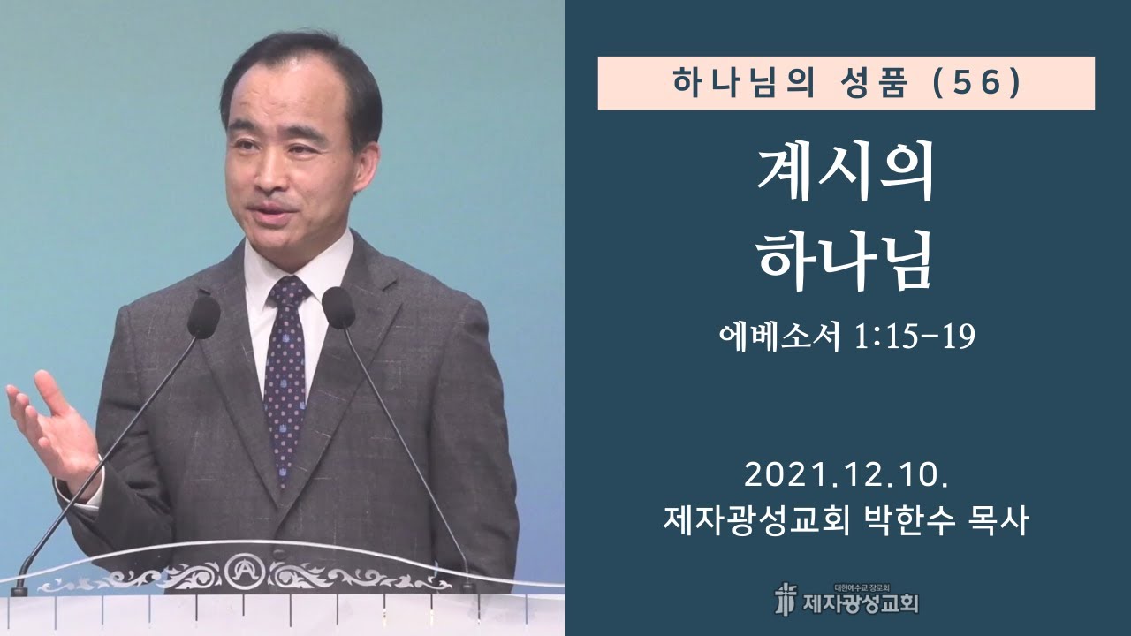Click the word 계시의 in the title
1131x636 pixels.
[x=846, y=177]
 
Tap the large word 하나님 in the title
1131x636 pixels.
[x=846, y=262]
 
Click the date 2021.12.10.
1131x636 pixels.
[x=846, y=477]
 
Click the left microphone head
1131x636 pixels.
[x=204, y=316]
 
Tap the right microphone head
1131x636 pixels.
[x=338, y=308]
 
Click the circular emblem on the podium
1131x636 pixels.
[x=240, y=570]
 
